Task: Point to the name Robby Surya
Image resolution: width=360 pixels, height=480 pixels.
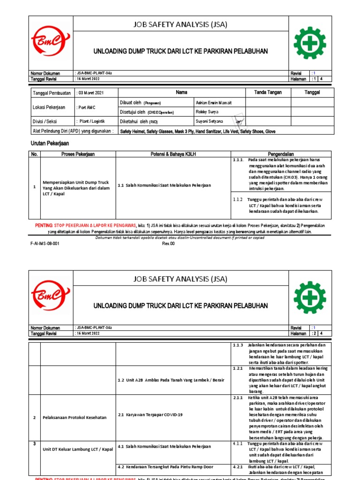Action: pyautogui.click(x=207, y=112)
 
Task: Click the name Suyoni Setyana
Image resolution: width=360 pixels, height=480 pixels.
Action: pyautogui.click(x=210, y=121)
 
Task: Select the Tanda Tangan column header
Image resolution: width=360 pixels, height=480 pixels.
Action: pyautogui.click(x=268, y=92)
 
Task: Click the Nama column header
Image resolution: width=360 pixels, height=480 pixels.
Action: pyautogui.click(x=181, y=92)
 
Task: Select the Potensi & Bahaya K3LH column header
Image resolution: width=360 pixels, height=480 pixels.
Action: pyautogui.click(x=173, y=154)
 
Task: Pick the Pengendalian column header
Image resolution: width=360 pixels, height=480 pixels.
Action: pyautogui.click(x=281, y=154)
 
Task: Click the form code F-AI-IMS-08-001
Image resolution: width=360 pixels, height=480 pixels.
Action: pyautogui.click(x=45, y=244)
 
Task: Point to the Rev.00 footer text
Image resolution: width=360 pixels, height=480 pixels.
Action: pyautogui.click(x=168, y=244)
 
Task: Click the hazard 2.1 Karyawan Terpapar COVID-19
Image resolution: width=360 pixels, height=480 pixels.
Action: pyautogui.click(x=150, y=415)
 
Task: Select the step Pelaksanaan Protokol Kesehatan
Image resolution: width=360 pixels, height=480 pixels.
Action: pyautogui.click(x=75, y=417)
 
